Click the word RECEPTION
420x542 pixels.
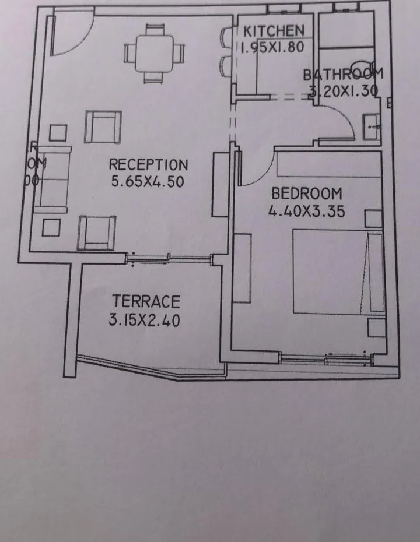tap(148, 165)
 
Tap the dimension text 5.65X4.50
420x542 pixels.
tap(148, 181)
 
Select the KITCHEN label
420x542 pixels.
tap(274, 31)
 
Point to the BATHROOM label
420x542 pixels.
tap(343, 74)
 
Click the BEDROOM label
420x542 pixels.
tap(306, 193)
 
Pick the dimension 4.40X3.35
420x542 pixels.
tap(306, 211)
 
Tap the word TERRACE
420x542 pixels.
tap(146, 302)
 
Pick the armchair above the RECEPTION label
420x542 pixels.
tap(103, 126)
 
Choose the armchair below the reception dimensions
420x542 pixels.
tap(96, 231)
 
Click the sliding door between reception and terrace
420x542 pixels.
tap(169, 257)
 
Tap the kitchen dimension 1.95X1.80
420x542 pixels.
tap(272, 47)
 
